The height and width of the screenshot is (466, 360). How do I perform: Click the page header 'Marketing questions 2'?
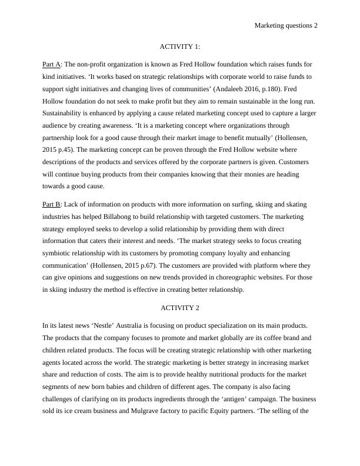click(x=286, y=25)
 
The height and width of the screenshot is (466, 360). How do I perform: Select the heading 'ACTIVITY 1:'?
click(x=180, y=46)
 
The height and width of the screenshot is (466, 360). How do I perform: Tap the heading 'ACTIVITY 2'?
click(x=180, y=308)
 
